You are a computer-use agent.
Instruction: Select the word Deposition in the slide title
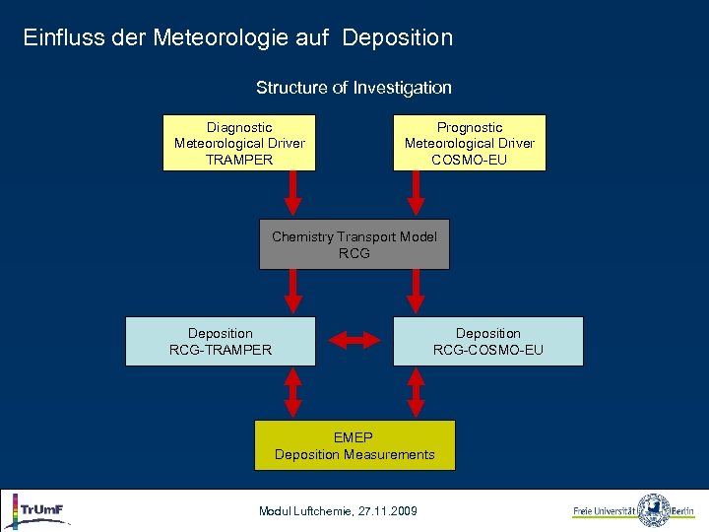coord(398,38)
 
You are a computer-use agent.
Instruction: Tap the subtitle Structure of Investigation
coord(354,88)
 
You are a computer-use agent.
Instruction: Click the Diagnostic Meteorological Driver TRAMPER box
coord(239,143)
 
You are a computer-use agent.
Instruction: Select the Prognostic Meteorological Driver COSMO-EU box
coord(470,143)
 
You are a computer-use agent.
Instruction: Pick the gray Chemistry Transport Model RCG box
coord(354,244)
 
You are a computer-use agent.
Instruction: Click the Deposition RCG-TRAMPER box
coord(221,341)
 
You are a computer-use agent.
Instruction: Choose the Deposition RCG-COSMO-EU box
coord(488,341)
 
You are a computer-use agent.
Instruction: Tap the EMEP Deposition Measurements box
coord(354,445)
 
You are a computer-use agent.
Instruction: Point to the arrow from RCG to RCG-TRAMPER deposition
coord(292,292)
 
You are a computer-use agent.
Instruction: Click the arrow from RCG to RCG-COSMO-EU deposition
coord(417,292)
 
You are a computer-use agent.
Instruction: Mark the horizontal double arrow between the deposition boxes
coord(354,341)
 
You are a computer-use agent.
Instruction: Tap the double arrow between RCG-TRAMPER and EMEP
coord(292,392)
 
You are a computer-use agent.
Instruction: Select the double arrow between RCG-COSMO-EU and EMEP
coord(417,392)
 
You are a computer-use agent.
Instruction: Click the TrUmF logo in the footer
coord(39,510)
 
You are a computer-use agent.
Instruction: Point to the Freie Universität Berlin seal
coord(654,510)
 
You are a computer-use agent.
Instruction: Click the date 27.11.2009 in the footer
coord(388,510)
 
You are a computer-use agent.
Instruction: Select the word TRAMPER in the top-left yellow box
coord(239,159)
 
